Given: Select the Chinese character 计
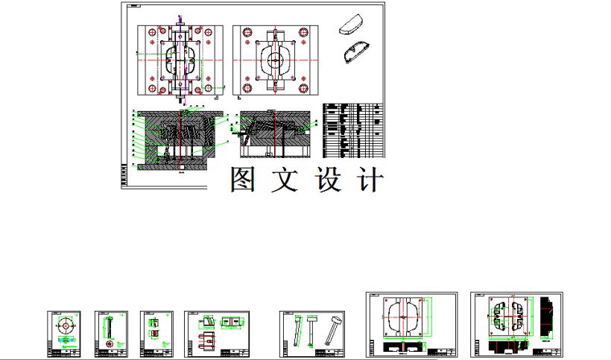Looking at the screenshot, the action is (370, 180).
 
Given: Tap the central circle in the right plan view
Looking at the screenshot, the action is (274, 60).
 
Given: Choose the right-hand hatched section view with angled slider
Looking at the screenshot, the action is (273, 136).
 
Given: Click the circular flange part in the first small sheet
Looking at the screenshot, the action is (67, 326).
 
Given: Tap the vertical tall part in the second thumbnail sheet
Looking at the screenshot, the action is (110, 326).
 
